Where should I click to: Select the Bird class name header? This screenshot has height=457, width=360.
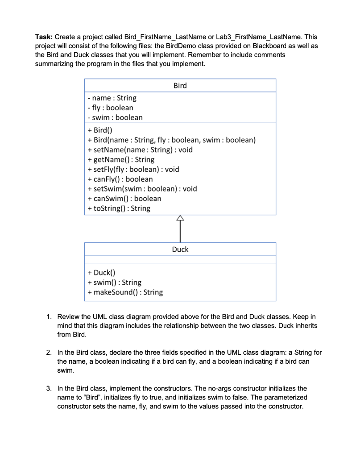pos(180,86)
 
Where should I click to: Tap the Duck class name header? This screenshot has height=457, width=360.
pos(180,249)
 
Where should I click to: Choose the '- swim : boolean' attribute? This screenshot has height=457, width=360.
pos(115,117)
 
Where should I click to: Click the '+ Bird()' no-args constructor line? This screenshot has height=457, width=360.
pos(99,130)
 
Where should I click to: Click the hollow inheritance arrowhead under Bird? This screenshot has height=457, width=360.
pos(180,218)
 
